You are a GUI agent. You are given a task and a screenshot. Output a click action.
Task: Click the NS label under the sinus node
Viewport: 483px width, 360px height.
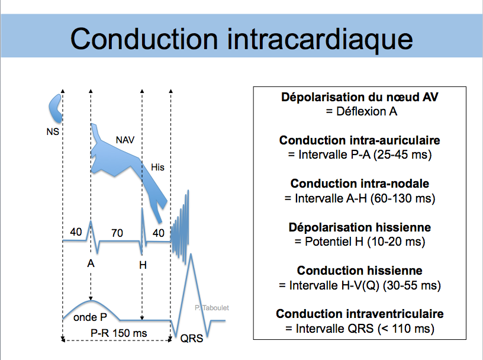[x=53, y=131]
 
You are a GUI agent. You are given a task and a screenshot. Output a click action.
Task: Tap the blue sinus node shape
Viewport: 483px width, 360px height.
[x=56, y=108]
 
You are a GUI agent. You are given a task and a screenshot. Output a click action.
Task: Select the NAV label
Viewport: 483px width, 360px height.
[x=125, y=140]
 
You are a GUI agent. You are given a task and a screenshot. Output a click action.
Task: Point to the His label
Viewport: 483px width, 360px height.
[x=157, y=167]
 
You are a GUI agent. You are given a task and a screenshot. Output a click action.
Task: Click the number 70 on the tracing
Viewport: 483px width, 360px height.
[x=117, y=233]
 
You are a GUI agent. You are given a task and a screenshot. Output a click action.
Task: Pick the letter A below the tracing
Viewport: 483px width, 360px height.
[x=91, y=263]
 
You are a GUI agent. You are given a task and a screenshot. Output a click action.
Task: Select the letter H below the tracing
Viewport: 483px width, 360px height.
[x=143, y=265]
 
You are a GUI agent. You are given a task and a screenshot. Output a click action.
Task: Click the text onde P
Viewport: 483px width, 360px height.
[x=90, y=317]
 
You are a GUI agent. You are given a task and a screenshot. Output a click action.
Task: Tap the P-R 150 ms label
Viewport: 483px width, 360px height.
[x=118, y=333]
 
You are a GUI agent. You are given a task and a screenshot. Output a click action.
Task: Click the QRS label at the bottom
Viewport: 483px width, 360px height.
[x=192, y=339]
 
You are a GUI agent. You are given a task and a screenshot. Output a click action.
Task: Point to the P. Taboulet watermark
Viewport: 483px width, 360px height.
[x=212, y=308]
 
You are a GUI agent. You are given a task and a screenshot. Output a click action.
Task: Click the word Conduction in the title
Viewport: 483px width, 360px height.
[x=144, y=39]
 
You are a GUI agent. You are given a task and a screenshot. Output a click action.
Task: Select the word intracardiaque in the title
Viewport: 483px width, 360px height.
[x=320, y=40]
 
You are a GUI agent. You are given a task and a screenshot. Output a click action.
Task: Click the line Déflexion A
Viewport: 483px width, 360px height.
[x=361, y=111]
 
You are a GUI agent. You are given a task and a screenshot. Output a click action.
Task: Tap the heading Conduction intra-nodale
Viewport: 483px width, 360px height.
[x=359, y=184]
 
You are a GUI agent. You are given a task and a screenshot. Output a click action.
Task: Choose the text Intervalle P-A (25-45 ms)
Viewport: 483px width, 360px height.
[x=360, y=155]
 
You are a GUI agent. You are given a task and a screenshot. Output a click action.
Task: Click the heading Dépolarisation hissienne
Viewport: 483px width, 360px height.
[x=359, y=227]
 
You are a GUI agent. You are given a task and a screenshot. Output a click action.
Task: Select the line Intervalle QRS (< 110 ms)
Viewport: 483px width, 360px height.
[x=359, y=329]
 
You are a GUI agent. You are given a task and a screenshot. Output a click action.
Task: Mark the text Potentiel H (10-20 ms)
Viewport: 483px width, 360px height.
[x=359, y=242]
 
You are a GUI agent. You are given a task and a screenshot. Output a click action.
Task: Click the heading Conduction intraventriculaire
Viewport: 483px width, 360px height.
[x=359, y=314]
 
